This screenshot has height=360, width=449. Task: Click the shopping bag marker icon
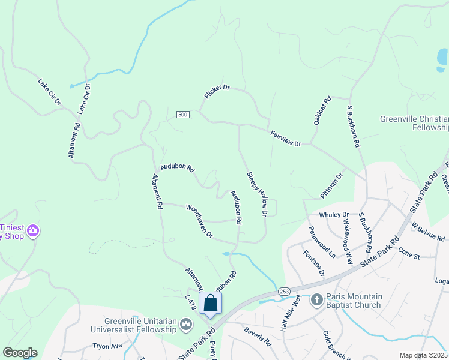(211, 302)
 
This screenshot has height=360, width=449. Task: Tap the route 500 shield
(184, 115)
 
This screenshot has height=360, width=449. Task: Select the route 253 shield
(284, 291)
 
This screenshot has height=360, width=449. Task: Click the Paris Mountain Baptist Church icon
(318, 298)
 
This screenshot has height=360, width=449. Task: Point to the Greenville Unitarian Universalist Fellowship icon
(186, 325)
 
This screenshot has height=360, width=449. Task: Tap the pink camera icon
(33, 230)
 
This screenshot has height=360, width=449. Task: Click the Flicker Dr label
(217, 92)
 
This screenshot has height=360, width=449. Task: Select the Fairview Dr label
(285, 139)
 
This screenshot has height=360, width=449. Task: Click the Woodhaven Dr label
(199, 221)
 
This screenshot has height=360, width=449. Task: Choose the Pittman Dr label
(331, 186)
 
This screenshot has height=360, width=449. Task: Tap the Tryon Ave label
(107, 346)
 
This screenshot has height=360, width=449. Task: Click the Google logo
(20, 353)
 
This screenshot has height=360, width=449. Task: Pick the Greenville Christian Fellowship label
(414, 123)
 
